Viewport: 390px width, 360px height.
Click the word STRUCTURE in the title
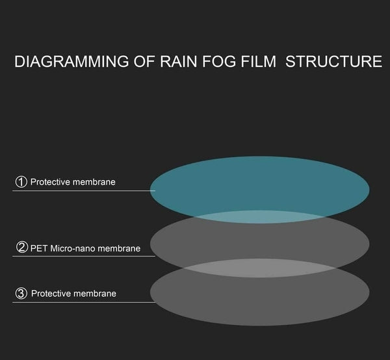(334, 62)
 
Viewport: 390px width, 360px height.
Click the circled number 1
(21, 182)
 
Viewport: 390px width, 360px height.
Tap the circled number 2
(21, 248)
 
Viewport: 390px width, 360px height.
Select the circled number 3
(21, 294)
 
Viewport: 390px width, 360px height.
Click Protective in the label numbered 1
(49, 182)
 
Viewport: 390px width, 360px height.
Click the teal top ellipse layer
(260, 182)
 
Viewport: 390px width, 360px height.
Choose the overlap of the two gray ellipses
(260, 267)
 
